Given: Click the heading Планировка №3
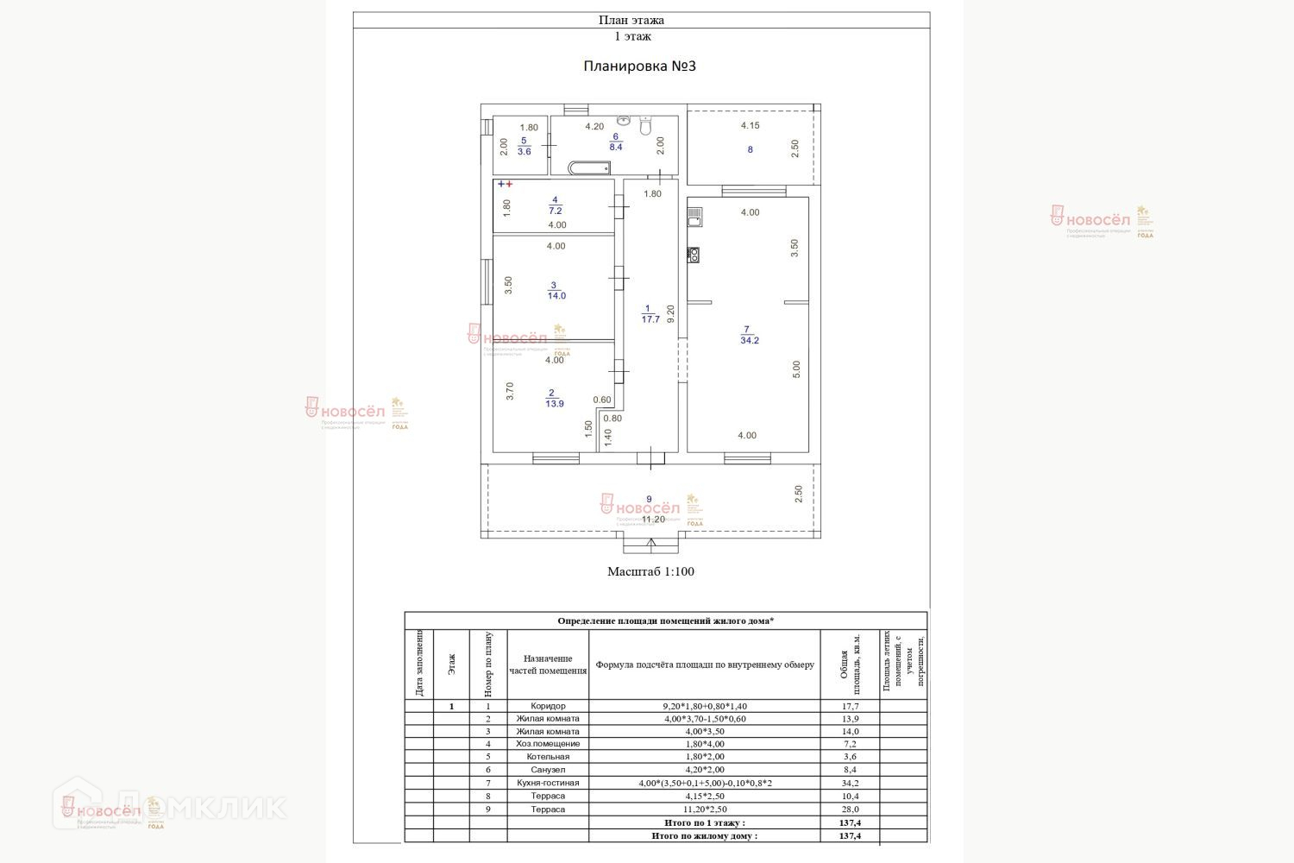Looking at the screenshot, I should (x=639, y=66).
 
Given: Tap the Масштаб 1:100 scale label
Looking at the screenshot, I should (x=650, y=571).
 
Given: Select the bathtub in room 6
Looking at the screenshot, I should (x=589, y=168).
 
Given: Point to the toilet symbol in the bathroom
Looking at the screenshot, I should (x=645, y=126).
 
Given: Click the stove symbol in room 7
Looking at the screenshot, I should (x=693, y=254).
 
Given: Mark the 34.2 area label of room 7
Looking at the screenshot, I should (x=749, y=340).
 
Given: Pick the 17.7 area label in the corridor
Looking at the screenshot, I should (x=650, y=319).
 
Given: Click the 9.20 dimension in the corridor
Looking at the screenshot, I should (x=670, y=313).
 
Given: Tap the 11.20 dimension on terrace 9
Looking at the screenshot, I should (x=653, y=519).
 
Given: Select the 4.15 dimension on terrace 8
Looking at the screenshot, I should (x=750, y=125).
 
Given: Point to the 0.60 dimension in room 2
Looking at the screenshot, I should (x=601, y=400).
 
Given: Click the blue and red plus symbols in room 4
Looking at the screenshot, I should (x=505, y=184).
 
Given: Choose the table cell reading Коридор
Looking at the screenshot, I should (x=548, y=706).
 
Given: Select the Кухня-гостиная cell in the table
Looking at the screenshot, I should (x=548, y=783).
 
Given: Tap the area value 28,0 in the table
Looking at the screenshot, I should (x=850, y=809).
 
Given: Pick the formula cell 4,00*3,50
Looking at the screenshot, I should (x=704, y=731).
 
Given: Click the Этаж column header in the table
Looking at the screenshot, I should (x=451, y=664).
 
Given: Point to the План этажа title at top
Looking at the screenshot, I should (x=631, y=20).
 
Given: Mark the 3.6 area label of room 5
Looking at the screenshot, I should (x=525, y=152).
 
